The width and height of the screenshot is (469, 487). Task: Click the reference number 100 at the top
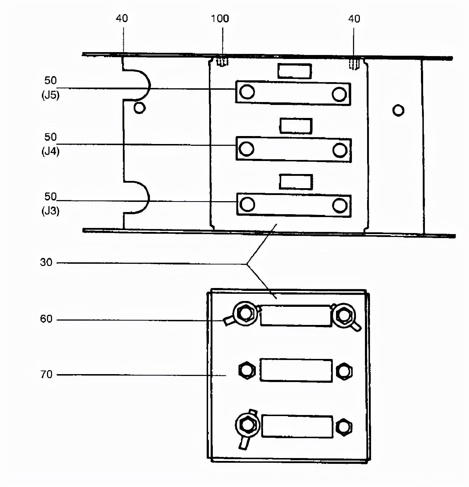coord(220,18)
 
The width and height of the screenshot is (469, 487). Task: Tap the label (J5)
coord(51,96)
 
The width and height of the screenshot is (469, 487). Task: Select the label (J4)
coord(51,152)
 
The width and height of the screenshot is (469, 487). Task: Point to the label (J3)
coord(51,211)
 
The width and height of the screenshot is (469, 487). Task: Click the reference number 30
coord(46,262)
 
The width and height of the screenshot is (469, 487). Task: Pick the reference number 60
coord(46,319)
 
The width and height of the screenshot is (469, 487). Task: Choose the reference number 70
coord(46,374)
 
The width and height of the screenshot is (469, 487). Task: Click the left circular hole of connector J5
coord(247,92)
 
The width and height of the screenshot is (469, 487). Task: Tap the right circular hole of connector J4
coord(340,151)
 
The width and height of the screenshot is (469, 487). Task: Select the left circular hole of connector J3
coord(247,204)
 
